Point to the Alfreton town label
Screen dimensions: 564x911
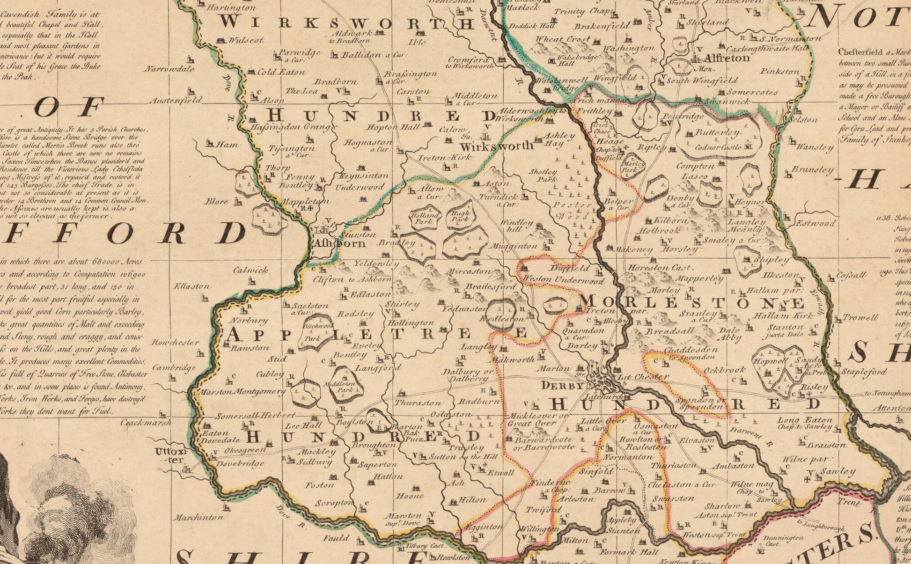point(727,59)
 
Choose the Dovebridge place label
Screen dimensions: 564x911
point(240,464)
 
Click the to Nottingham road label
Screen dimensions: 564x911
point(886,394)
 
